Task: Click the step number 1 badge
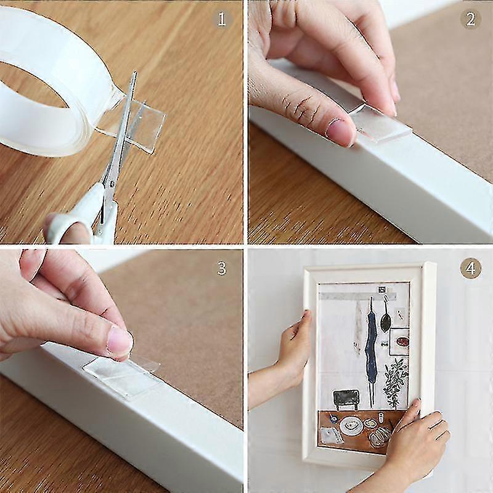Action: coord(222,19)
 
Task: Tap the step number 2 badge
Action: coord(470,19)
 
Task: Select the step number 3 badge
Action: coord(222,268)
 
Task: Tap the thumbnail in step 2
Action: coord(340,130)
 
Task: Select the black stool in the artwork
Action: coord(347,397)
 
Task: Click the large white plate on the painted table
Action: coord(351,425)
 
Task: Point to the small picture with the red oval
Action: coord(399,340)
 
